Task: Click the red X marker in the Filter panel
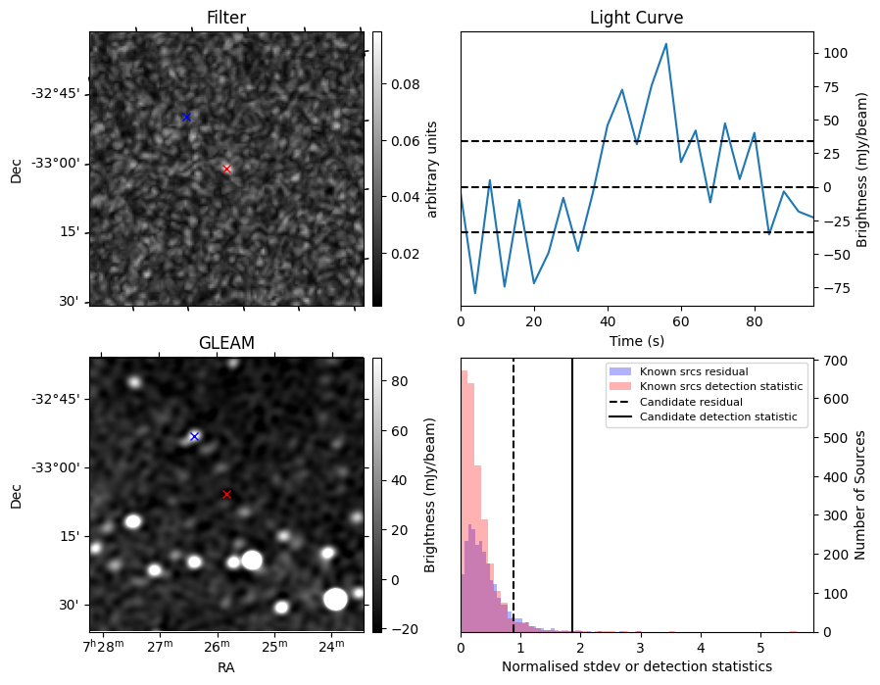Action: [x=227, y=169]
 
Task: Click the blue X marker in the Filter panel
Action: [x=186, y=117]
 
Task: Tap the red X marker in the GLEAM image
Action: [x=226, y=494]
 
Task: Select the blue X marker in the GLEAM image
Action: [x=194, y=436]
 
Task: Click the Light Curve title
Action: [x=636, y=18]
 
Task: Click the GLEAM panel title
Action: [x=226, y=343]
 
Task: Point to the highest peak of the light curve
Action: [x=666, y=44]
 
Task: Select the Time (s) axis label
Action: [x=636, y=340]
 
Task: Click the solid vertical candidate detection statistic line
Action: [x=572, y=510]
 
